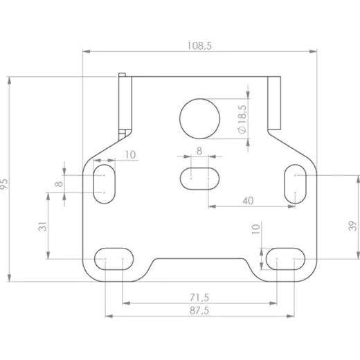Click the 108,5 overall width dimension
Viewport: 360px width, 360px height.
click(x=199, y=46)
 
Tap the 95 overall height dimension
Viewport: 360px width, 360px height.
click(x=4, y=183)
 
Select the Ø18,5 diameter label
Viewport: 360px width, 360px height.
click(x=242, y=119)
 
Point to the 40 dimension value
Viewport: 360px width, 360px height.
click(x=248, y=201)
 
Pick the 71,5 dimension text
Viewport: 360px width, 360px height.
click(x=199, y=298)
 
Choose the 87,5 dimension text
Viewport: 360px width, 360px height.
click(x=199, y=311)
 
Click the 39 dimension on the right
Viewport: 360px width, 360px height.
click(x=353, y=226)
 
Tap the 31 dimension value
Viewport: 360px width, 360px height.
click(x=43, y=226)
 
